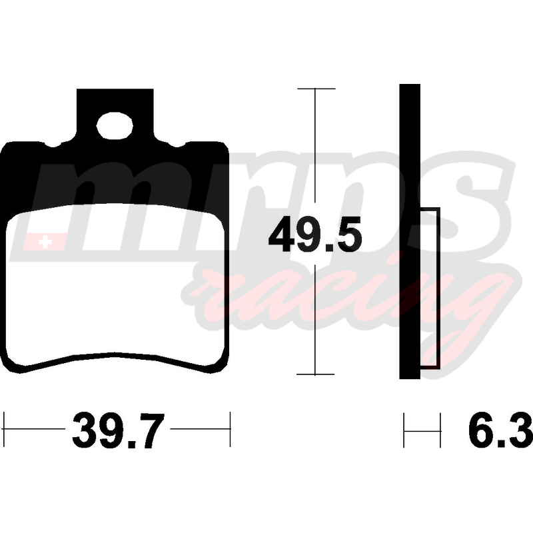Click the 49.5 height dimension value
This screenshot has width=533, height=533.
pos(315,235)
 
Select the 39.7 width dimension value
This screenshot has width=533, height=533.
pos(118,430)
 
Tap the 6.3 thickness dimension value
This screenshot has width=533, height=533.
pos(500,430)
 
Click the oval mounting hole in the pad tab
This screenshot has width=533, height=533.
pos(115,126)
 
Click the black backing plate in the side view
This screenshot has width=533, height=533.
pos(410,231)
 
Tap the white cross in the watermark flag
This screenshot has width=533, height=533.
pos(45,243)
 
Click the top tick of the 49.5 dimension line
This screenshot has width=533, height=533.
pos(316,89)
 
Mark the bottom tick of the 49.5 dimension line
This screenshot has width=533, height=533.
pos(315,374)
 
